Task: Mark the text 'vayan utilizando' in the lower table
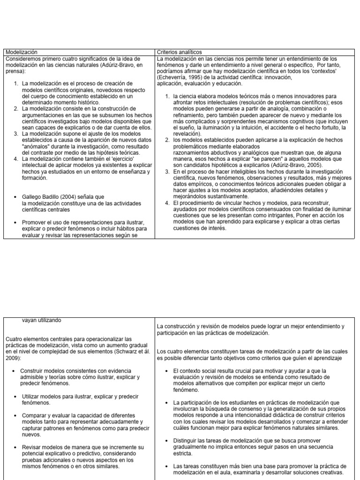pyautogui.click(x=41, y=320)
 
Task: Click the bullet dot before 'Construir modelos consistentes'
pyautogui.click(x=15, y=371)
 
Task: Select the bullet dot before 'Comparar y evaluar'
pyautogui.click(x=15, y=415)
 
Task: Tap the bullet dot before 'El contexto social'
pyautogui.click(x=167, y=371)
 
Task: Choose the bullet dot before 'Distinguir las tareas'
pyautogui.click(x=167, y=441)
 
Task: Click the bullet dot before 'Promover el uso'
pyautogui.click(x=15, y=222)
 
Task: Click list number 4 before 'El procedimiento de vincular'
pyautogui.click(x=167, y=203)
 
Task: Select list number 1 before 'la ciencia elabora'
pyautogui.click(x=167, y=96)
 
